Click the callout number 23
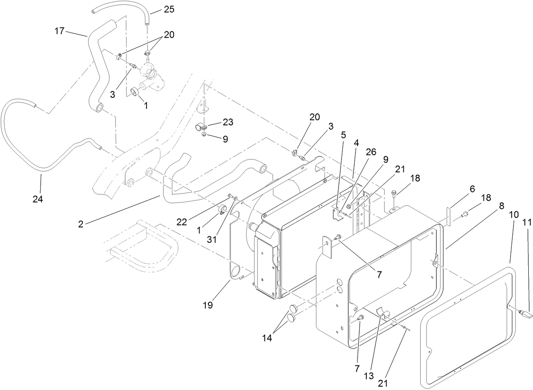point(228,122)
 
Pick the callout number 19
point(208,304)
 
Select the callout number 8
point(501,207)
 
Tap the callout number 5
point(343,135)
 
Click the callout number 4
point(356,143)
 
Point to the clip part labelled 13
point(384,315)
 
